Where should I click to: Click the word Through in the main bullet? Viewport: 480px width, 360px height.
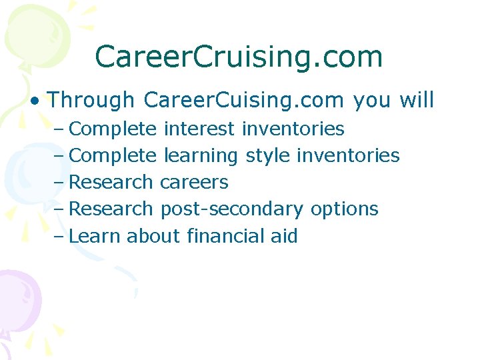[91, 100]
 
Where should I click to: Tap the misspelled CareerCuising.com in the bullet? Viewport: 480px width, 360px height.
[244, 100]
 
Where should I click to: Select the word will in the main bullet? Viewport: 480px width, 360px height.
[417, 100]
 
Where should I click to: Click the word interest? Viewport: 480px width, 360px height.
[199, 129]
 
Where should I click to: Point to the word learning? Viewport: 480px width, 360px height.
[201, 156]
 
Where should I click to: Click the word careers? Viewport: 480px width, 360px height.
[194, 182]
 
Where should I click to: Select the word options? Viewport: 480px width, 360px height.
[344, 209]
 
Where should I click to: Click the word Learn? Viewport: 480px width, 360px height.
[95, 235]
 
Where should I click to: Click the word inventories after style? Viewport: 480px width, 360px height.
[348, 156]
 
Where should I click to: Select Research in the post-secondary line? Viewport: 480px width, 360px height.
[111, 209]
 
